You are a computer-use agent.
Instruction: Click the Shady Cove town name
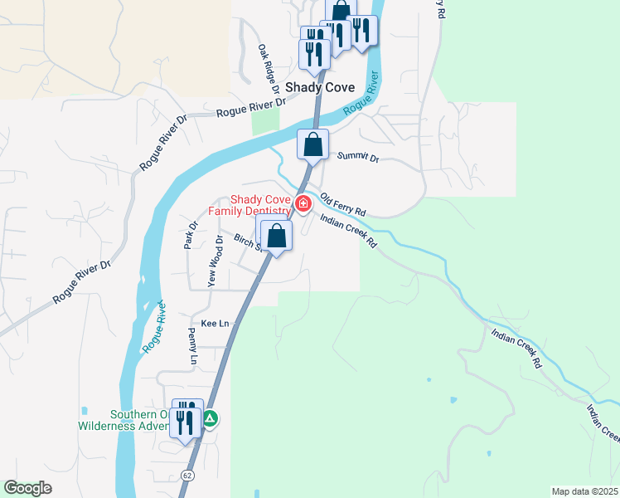pos(320,87)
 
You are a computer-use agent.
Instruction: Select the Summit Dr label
pos(357,157)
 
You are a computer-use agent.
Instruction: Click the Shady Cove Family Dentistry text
pos(249,205)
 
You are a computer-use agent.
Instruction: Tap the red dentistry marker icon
pos(303,203)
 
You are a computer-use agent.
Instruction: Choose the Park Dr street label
pos(191,235)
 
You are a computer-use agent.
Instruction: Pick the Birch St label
pos(247,242)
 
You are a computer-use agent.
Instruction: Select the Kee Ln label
pos(215,323)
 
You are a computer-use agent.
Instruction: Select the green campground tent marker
pos(211,420)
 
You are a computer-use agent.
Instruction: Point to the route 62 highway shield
pos(188,474)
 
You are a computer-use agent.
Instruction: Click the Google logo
pos(27,488)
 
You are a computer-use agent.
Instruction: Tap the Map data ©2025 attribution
pos(584,491)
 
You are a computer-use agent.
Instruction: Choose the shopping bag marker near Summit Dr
pos(313,144)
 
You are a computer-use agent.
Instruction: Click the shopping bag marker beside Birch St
pos(277,236)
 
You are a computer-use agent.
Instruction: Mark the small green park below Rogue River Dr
pos(265,121)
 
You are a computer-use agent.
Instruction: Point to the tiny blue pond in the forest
pos(429,380)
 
